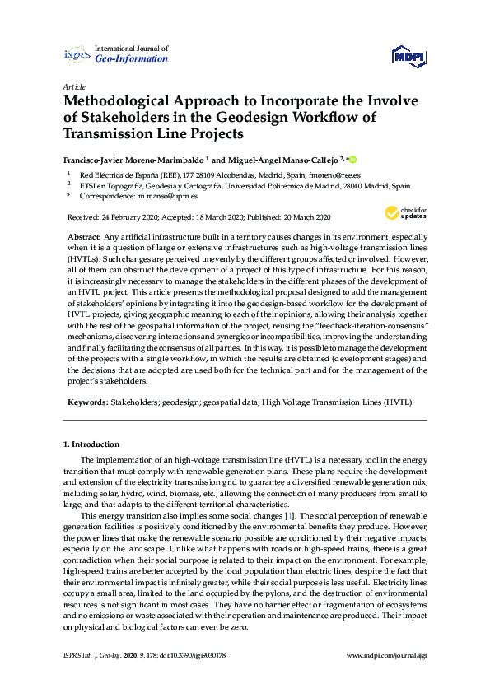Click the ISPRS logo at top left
tap(77, 55)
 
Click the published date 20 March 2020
tap(301, 217)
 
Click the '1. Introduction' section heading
tap(91, 444)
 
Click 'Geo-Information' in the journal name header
tap(132, 59)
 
